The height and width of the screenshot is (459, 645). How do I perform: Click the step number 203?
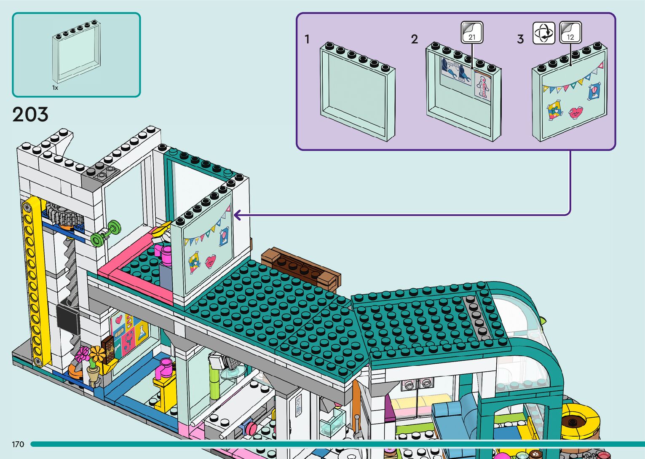[x=30, y=115]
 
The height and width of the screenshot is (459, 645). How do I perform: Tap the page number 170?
[x=18, y=444]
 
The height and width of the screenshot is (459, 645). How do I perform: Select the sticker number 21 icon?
[x=472, y=32]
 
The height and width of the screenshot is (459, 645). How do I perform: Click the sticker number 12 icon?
[x=570, y=32]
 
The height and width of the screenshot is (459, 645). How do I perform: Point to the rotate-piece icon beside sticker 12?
[x=544, y=32]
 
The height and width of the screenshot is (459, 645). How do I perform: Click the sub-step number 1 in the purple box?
[x=307, y=40]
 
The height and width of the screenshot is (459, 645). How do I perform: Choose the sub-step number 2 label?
[x=415, y=40]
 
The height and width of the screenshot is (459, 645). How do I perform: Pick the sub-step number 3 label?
[x=520, y=40]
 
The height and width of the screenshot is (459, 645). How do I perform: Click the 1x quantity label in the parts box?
[x=55, y=88]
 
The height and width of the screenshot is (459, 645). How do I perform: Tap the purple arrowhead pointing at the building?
[x=238, y=215]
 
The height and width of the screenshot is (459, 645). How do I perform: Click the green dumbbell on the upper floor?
[x=105, y=233]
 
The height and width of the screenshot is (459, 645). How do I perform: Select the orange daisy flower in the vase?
[x=97, y=354]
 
